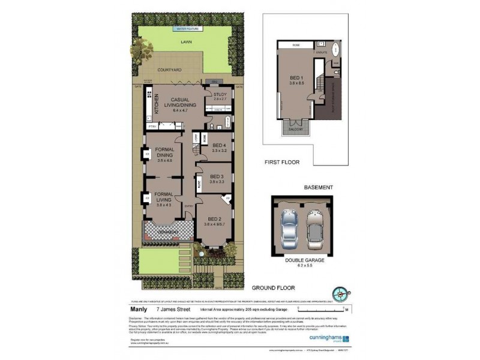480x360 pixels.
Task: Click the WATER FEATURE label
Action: click(188, 28)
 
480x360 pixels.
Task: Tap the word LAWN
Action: click(188, 42)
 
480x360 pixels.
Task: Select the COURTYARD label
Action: click(170, 70)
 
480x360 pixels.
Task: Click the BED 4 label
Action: click(220, 145)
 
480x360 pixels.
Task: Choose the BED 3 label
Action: click(217, 176)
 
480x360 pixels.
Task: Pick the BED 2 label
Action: click(214, 220)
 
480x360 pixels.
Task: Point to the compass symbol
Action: click(342, 294)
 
